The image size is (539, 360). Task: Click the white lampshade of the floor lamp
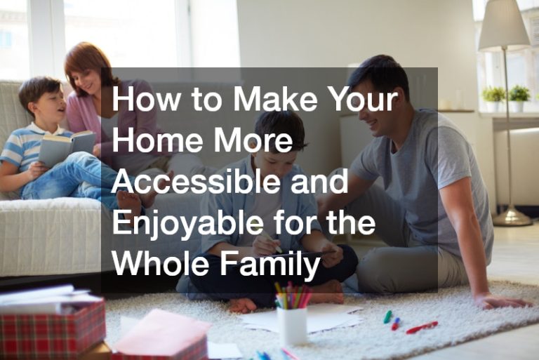pyautogui.click(x=504, y=25)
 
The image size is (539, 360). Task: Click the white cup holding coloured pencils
pyautogui.click(x=291, y=326)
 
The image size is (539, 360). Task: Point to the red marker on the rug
pyautogui.click(x=421, y=327)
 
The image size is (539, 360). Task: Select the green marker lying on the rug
pyautogui.click(x=387, y=316)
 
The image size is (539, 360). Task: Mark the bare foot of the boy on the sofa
pyautogui.click(x=128, y=203)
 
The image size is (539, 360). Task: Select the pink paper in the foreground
pyautogui.click(x=161, y=333)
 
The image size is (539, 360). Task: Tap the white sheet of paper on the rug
pyautogui.click(x=302, y=319)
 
